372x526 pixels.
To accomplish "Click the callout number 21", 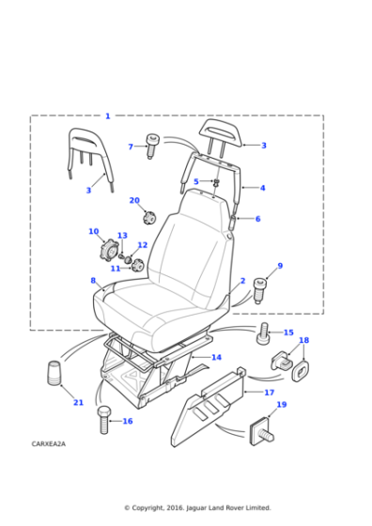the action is pos(78,402).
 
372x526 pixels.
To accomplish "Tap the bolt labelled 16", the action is pos(103,419).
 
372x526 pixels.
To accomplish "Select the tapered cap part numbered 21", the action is pos(54,373).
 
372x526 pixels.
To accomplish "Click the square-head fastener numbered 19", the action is pos(261,433).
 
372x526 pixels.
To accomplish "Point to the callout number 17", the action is pos(270,393).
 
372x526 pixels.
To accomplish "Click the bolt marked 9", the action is pos(258,290).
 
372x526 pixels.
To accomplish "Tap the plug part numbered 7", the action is pos(152,147).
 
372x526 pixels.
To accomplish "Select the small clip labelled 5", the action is pos(216,183).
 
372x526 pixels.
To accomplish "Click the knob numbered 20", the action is pos(148,218).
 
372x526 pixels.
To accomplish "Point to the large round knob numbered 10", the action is pos(109,250).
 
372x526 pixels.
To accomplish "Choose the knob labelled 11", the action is pos(137,265).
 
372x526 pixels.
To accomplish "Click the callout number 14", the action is pos(216,357).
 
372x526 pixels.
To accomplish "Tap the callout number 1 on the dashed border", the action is pos(108,116).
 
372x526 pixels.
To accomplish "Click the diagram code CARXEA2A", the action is pos(49,443).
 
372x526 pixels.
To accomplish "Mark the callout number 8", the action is pos(93,280).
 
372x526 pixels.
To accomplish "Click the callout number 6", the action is pos(257,219).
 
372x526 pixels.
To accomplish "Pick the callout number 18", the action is pos(304,340).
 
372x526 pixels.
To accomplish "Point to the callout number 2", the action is pos(243,281).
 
